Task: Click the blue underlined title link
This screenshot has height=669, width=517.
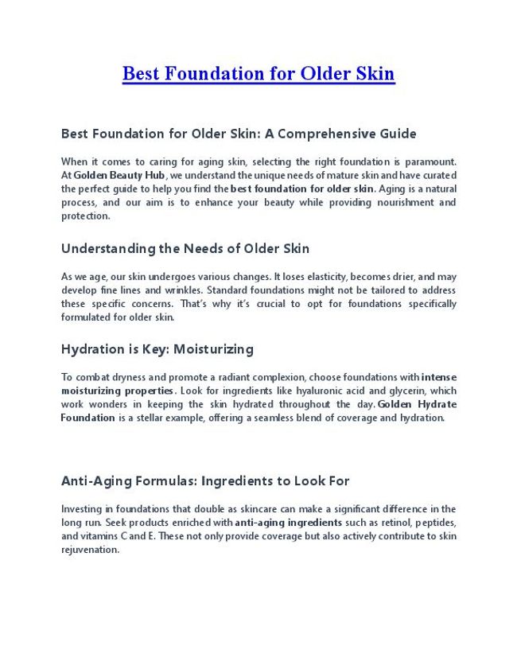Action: pos(258,75)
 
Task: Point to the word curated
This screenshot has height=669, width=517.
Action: pos(438,175)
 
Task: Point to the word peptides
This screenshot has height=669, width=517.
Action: pos(433,523)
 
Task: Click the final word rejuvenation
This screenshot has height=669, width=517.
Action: pos(90,550)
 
